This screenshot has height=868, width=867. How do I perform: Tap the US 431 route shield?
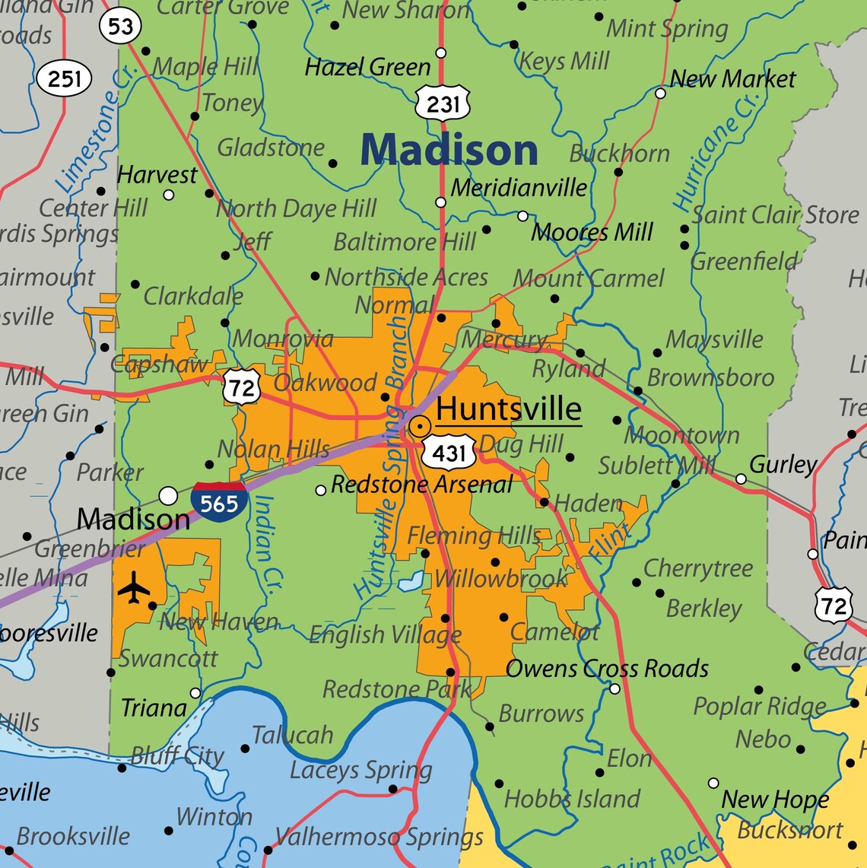pos(449,453)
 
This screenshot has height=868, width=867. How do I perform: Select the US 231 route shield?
pos(443,103)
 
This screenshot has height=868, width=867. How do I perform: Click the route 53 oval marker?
pos(121,27)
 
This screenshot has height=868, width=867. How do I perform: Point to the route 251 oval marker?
pos(65,78)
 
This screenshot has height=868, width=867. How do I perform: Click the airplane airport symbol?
pos(135,589)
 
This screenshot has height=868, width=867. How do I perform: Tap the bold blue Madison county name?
pos(449,150)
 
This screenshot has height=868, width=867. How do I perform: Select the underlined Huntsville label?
pos(508,409)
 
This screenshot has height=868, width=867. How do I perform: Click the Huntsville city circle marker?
pos(419,426)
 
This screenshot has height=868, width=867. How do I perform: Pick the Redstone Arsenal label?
pos(422,485)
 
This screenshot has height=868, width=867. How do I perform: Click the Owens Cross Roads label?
pos(607,669)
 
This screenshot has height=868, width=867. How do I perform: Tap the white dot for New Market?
pos(660,93)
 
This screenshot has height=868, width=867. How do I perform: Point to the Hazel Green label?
pos(367,68)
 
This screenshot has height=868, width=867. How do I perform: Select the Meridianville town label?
pos(519,188)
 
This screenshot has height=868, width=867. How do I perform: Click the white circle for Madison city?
pos(168,496)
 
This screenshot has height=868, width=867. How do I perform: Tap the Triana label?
pos(154,708)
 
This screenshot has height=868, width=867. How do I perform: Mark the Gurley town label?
pos(783,464)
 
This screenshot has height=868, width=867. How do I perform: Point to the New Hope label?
pos(774,800)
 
